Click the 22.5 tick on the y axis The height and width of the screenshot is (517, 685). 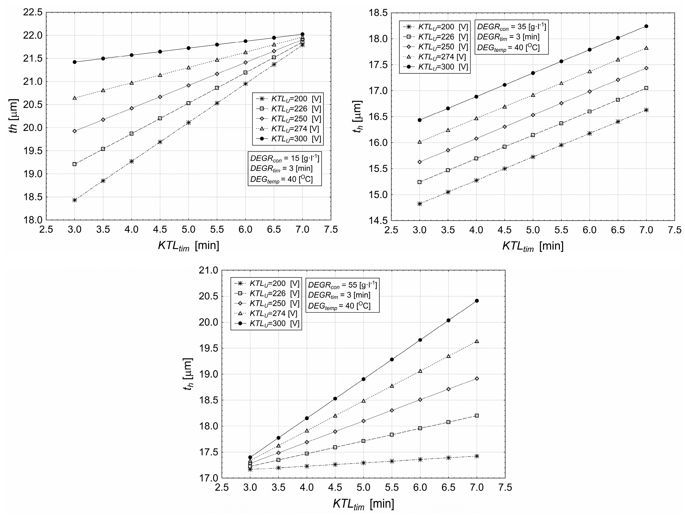click(x=32, y=12)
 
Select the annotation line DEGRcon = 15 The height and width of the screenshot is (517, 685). click(x=285, y=158)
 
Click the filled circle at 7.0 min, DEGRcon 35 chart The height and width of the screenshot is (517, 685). click(x=646, y=26)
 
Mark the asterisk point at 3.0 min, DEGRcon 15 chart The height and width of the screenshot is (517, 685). click(x=75, y=200)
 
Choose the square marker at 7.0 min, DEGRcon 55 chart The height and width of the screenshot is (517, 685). click(x=477, y=415)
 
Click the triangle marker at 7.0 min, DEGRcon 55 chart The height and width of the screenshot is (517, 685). click(x=477, y=341)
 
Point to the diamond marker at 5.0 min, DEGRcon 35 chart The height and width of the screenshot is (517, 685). click(x=533, y=115)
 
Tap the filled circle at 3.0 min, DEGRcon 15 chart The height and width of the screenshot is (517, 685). click(x=75, y=62)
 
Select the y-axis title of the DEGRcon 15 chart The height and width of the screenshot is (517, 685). click(x=13, y=116)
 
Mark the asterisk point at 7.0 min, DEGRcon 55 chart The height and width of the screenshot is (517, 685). click(x=477, y=456)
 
